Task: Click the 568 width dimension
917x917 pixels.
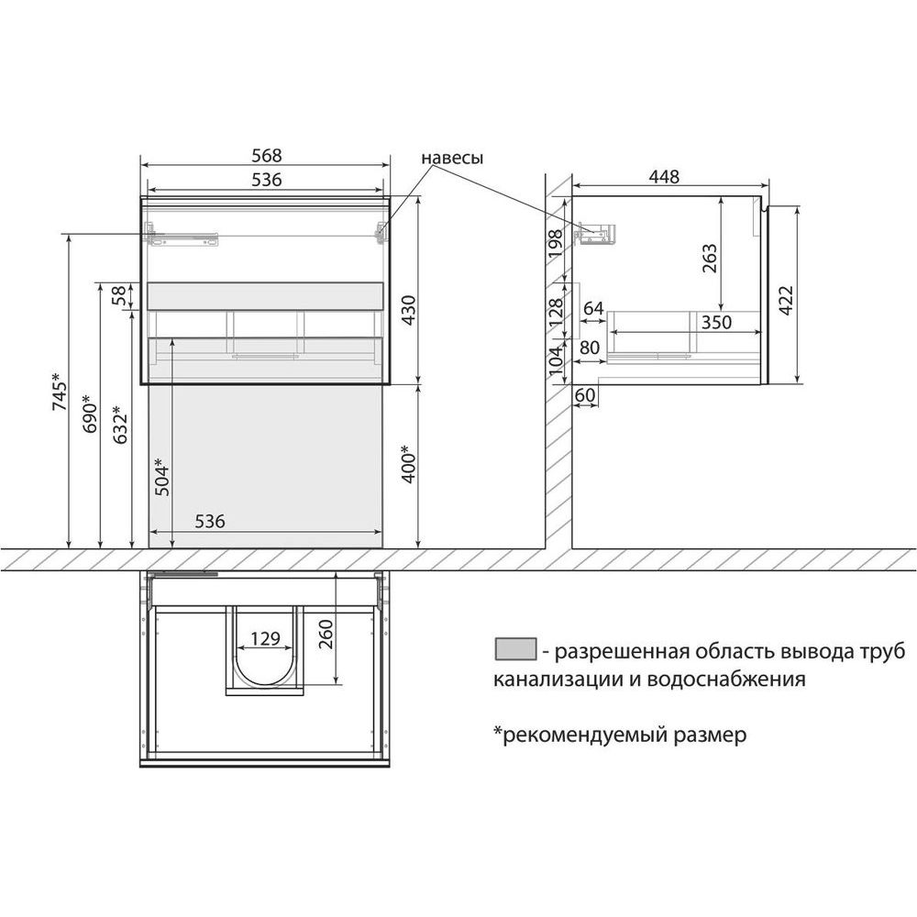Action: coord(267,156)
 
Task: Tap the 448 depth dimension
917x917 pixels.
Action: coord(664,176)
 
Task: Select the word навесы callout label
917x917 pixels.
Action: coord(453,158)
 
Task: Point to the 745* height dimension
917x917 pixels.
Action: coord(60,392)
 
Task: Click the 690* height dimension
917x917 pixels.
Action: coord(90,414)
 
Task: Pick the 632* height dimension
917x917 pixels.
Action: coord(120,425)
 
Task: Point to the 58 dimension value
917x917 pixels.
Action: coord(118,296)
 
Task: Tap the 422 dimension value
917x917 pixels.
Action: coord(787,301)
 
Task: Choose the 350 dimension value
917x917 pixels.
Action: coord(716,322)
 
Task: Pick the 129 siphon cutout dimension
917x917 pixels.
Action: coord(266,638)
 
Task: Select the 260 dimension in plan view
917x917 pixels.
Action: coord(326,634)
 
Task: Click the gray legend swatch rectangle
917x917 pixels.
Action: coord(515,650)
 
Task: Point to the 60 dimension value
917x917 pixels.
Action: coord(585,396)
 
